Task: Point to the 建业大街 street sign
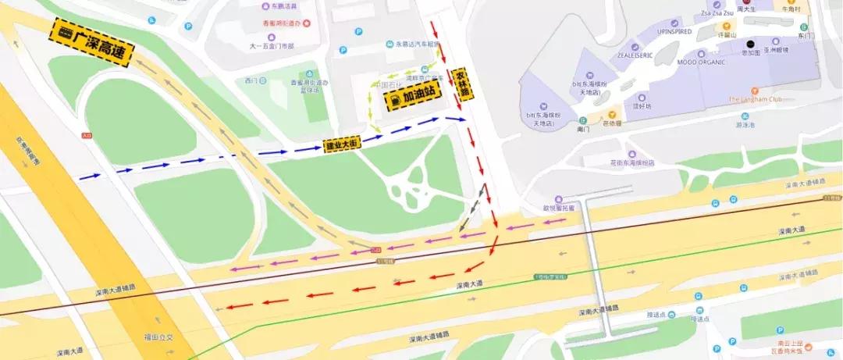pos(341,144)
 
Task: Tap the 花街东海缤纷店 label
pos(631,162)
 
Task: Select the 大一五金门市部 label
pos(271,46)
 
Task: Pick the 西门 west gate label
pos(251,80)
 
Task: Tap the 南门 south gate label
pos(582,130)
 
